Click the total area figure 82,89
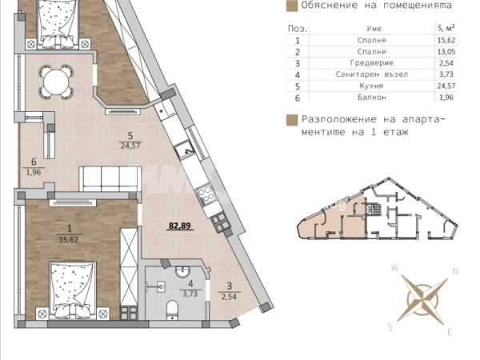tap(180, 226)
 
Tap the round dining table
tap(56, 82)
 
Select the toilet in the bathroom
tap(172, 310)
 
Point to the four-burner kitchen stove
tap(206, 194)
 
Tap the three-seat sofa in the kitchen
tap(110, 179)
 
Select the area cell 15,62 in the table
tap(446, 41)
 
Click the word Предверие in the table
tap(372, 63)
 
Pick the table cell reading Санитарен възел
tap(372, 74)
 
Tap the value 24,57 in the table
tap(446, 86)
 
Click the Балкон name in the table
tap(372, 98)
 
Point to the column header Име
tap(374, 29)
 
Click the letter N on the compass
tap(455, 271)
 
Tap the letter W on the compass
tap(395, 268)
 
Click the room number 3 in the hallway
tap(230, 286)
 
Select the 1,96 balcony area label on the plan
tap(34, 172)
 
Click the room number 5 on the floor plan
tap(130, 136)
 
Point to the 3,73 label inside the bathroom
tap(190, 294)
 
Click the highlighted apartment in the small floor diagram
tap(332, 220)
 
